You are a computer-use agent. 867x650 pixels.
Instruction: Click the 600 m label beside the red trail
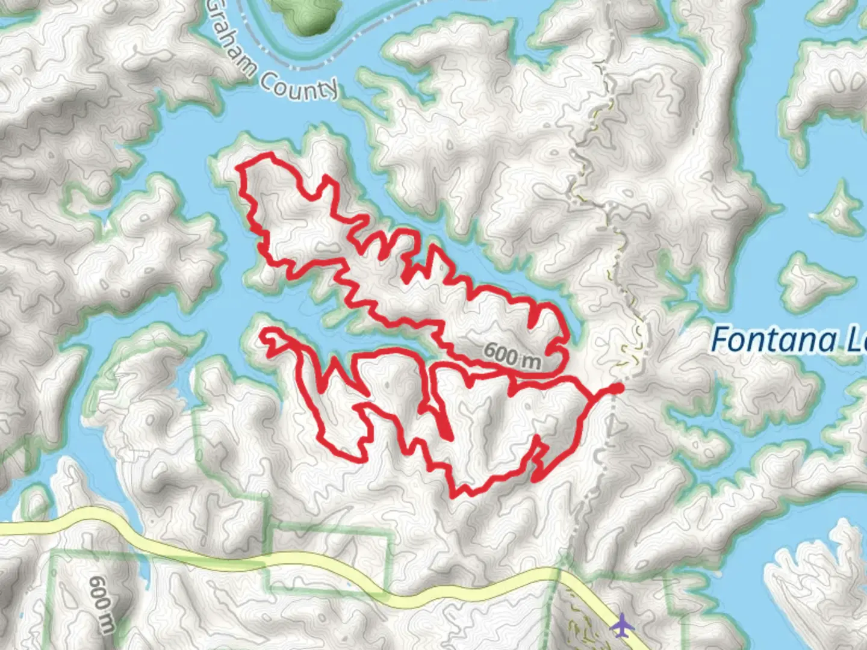[x=512, y=355]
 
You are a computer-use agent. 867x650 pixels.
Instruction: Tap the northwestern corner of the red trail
[x=241, y=167]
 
